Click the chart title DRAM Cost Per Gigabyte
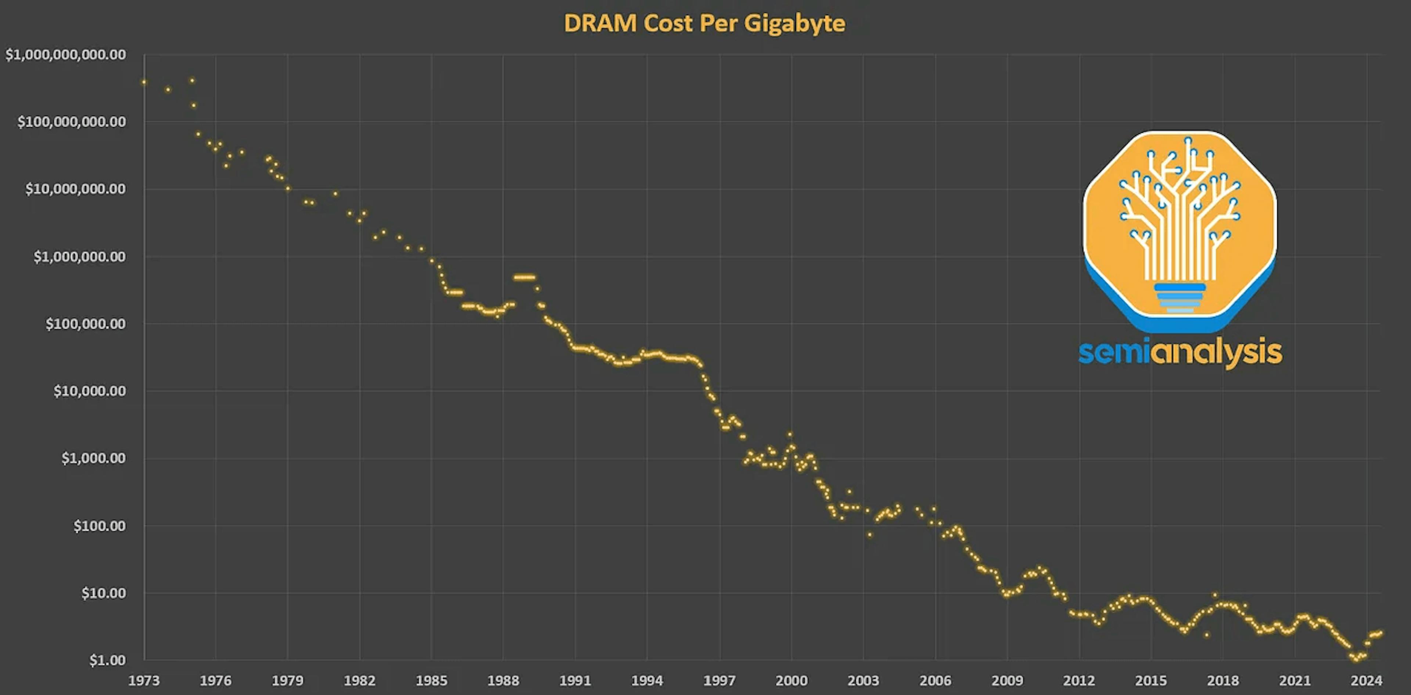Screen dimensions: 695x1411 click(704, 24)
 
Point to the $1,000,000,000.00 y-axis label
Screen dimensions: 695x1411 click(66, 55)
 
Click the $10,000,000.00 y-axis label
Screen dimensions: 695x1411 click(76, 189)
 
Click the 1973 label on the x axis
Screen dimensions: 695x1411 click(144, 681)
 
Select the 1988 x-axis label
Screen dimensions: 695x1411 click(503, 681)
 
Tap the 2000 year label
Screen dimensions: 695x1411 click(791, 681)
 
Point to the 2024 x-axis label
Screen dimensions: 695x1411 click(1366, 681)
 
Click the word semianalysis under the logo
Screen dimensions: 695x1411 click(1180, 352)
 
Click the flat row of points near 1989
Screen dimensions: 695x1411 click(524, 277)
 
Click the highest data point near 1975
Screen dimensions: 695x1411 click(192, 81)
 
